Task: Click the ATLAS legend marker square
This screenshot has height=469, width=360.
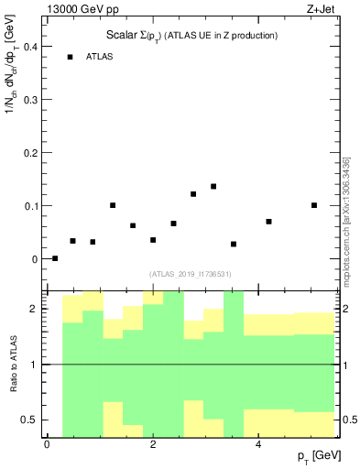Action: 70,57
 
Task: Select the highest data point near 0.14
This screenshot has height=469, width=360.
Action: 213,186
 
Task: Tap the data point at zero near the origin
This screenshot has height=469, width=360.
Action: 55,258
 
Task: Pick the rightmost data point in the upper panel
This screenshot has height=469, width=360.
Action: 314,205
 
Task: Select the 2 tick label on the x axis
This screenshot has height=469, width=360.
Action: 153,444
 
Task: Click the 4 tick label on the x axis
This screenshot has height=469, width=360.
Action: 258,444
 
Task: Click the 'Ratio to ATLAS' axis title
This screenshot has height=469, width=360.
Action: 13,365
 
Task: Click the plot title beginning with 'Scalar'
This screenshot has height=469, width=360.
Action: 191,35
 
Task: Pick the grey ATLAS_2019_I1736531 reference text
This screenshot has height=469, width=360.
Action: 191,273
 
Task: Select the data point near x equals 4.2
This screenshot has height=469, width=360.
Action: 268,222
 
